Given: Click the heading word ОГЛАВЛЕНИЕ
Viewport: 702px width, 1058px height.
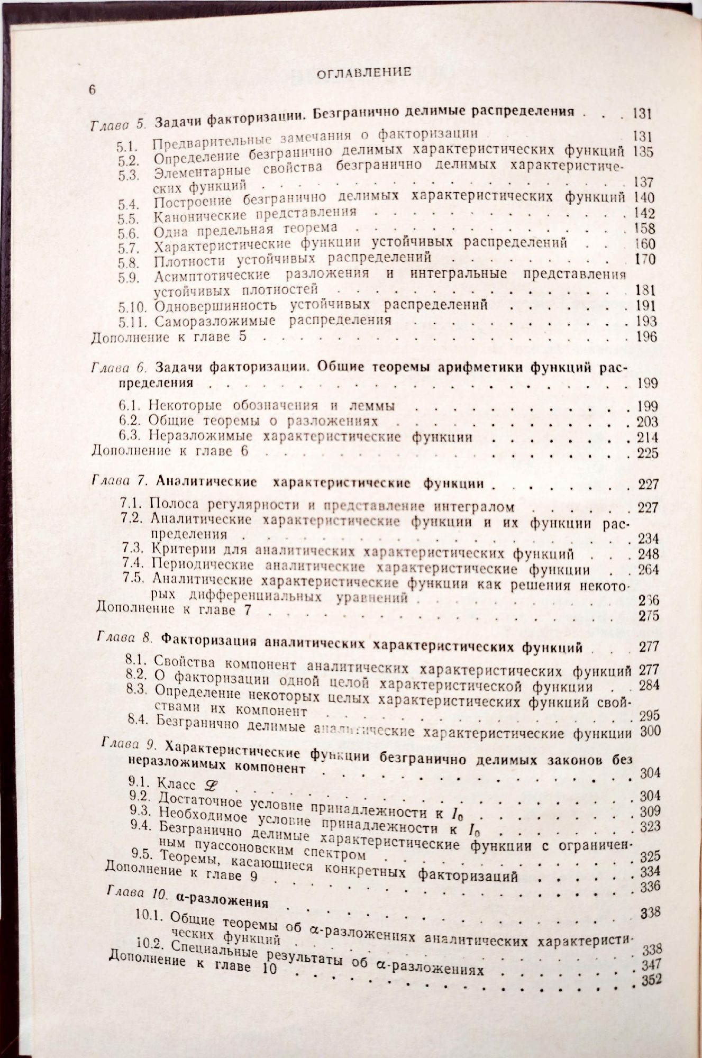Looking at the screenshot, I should click(364, 72).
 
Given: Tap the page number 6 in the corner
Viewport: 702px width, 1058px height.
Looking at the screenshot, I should click(92, 90).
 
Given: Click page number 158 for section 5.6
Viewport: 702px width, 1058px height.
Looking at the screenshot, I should click(644, 229).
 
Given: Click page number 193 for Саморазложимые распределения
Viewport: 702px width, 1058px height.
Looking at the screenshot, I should click(645, 321).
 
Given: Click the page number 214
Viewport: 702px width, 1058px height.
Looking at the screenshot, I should click(647, 437).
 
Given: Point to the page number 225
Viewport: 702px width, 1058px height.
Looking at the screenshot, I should click(647, 453).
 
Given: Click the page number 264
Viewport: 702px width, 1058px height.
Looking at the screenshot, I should click(648, 570).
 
